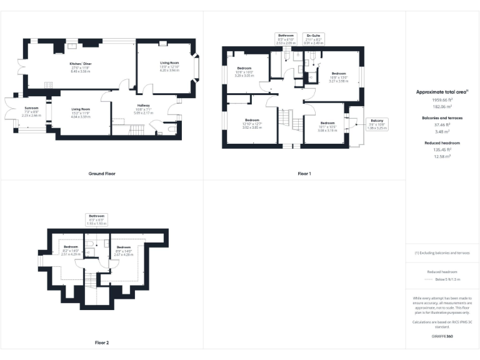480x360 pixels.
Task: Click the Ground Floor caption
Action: click(102, 173)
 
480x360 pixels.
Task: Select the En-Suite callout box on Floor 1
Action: click(313, 38)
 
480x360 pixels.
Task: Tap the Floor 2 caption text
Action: click(102, 343)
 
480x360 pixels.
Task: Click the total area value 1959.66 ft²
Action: click(442, 100)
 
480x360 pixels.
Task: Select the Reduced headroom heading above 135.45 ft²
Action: click(442, 143)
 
